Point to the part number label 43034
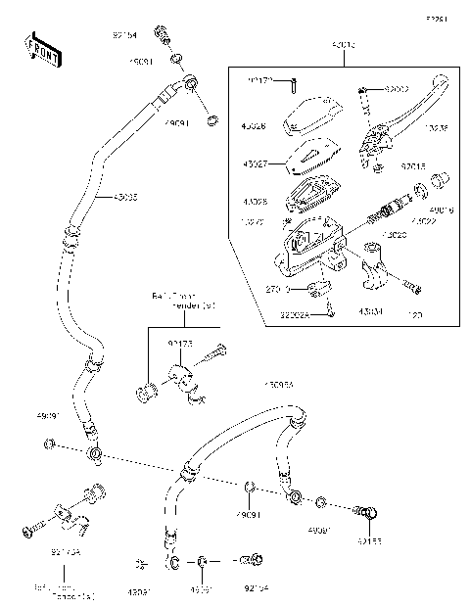tap(368, 311)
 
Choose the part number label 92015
tap(414, 166)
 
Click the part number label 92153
tap(370, 539)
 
